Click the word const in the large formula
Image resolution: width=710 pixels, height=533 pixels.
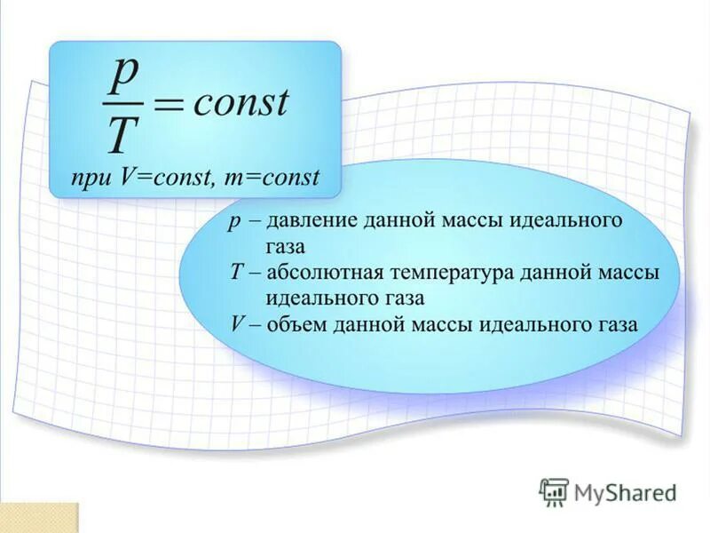(x=241, y=102)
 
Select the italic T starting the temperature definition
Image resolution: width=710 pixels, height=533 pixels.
(x=235, y=272)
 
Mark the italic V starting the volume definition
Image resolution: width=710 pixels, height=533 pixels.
(x=237, y=323)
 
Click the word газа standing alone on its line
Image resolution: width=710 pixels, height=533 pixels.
(x=286, y=246)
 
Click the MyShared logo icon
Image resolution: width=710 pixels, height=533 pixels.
(x=554, y=490)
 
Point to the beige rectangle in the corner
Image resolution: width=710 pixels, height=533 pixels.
(x=39, y=518)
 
